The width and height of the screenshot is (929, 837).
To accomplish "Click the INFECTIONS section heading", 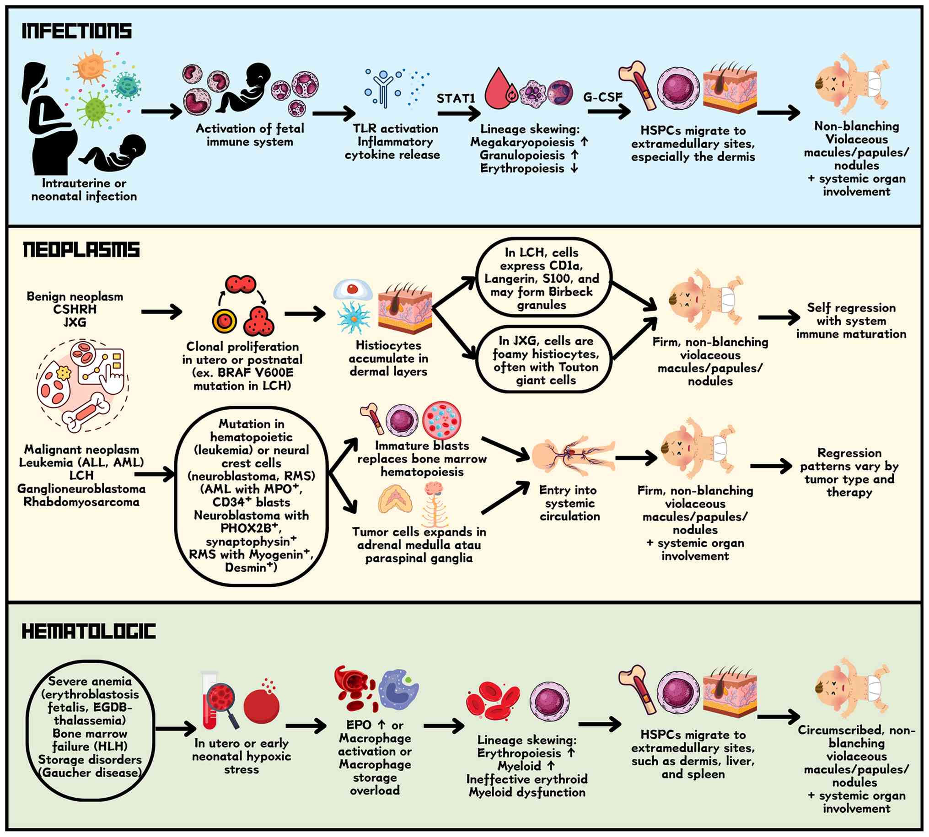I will [x=76, y=31].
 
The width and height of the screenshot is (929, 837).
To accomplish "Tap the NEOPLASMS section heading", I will [x=81, y=250].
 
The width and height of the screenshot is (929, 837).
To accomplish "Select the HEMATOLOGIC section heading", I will [x=88, y=631].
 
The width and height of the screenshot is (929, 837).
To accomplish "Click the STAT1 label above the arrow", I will [x=455, y=98].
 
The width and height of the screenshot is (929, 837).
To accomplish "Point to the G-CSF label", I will [x=602, y=97].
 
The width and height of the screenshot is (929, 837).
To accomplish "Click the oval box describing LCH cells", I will [x=543, y=278].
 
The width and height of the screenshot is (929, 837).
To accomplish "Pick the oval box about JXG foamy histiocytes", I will [x=545, y=360].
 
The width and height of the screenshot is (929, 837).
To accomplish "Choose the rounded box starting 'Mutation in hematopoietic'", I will [x=251, y=495].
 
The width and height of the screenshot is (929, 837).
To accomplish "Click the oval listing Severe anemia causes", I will [x=90, y=727].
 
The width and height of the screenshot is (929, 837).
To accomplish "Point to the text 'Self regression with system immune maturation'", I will [x=851, y=321].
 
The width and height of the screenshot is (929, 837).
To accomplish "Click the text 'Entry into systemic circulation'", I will [x=569, y=503].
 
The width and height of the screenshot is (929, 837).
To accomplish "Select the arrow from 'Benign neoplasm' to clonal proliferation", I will [x=161, y=312].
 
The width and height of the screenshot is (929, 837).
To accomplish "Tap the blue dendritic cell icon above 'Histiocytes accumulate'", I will [x=354, y=317].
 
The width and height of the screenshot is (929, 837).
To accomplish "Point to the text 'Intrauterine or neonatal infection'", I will [x=84, y=189].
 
